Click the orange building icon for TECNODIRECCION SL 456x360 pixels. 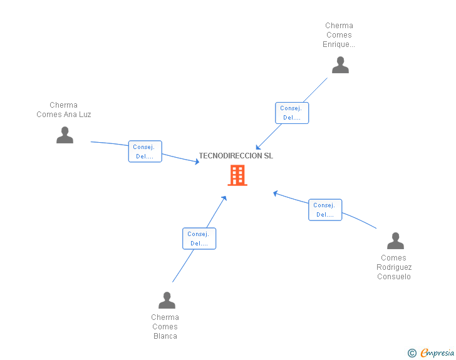[x=237, y=176]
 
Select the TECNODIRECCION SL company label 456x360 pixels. [x=236, y=156]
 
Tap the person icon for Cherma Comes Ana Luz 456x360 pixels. [x=65, y=135]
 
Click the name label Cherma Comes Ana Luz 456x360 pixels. [x=64, y=110]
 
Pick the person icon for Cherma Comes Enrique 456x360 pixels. [x=340, y=65]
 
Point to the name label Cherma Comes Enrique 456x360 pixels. [x=339, y=35]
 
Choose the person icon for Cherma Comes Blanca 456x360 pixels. [x=167, y=301]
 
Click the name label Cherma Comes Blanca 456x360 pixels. [x=165, y=327]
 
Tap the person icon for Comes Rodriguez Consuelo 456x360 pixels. [x=395, y=241]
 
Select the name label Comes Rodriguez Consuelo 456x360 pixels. [x=394, y=267]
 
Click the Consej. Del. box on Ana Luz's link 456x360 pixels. [x=145, y=152]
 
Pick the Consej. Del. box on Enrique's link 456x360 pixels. [x=292, y=113]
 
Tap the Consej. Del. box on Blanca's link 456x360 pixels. [x=199, y=239]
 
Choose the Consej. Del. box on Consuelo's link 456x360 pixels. [x=325, y=210]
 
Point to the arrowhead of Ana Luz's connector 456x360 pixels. [x=197, y=162]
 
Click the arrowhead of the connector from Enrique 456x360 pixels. [x=258, y=148]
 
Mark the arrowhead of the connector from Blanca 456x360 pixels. [x=224, y=198]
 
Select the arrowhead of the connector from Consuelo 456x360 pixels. [x=275, y=193]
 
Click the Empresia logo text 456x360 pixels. [x=437, y=353]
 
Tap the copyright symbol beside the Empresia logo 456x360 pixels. [x=412, y=353]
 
